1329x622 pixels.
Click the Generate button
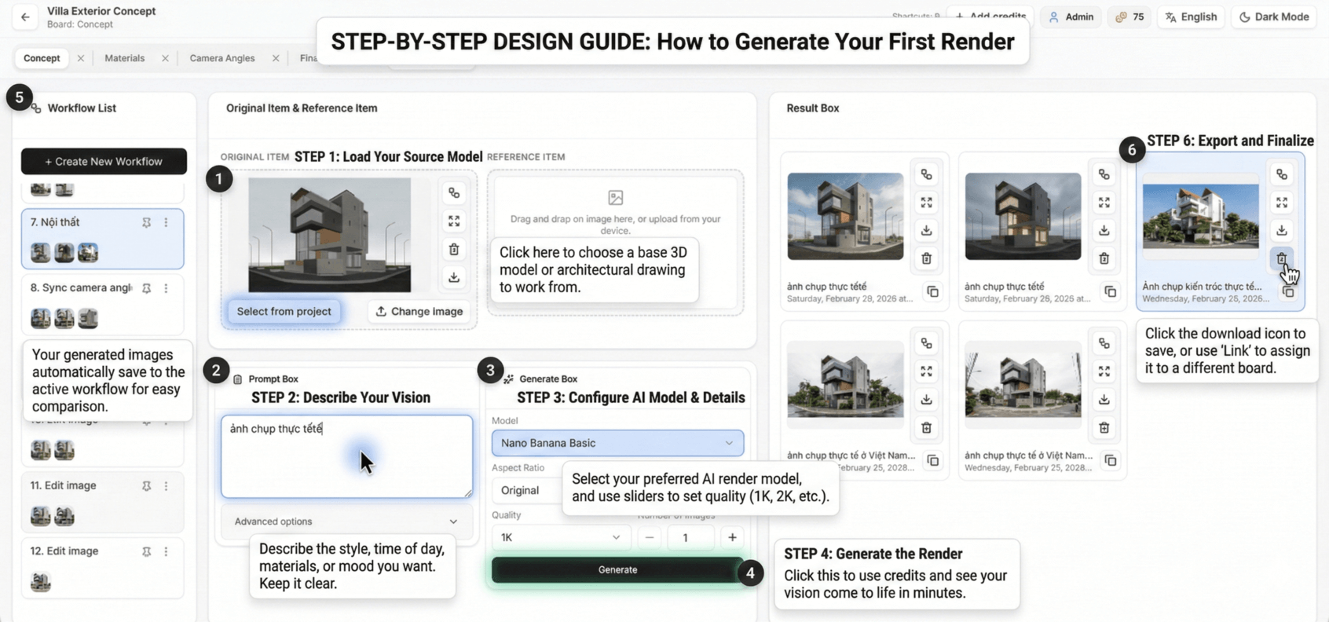[617, 570]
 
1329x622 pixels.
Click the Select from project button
[284, 312]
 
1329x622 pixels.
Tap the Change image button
[419, 312]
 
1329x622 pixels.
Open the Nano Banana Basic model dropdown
[617, 443]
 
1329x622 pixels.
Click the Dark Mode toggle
[1274, 16]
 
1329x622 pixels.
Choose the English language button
[1191, 16]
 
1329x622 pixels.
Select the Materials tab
[125, 58]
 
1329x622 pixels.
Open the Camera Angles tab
[222, 58]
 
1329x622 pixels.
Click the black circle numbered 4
[750, 573]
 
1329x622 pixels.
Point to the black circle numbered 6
[1131, 150]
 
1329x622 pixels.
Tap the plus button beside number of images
[732, 537]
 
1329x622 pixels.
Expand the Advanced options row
[346, 521]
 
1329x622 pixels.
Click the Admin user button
[1071, 16]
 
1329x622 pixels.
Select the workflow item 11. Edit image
[64, 486]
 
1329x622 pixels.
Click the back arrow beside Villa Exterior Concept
[25, 16]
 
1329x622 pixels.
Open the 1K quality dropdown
[560, 537]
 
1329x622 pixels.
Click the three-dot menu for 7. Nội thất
[166, 223]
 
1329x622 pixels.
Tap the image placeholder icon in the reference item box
[616, 198]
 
